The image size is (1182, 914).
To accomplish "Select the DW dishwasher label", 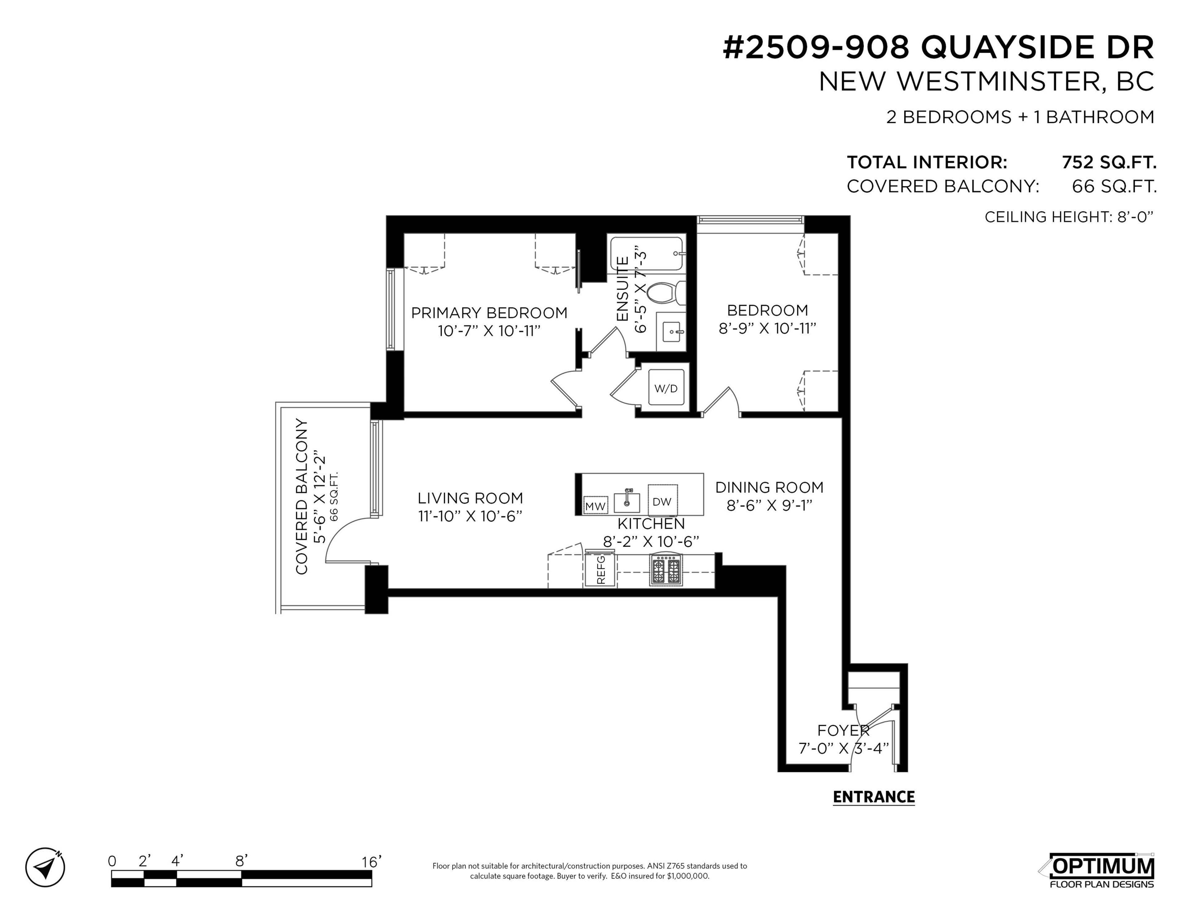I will (x=662, y=501).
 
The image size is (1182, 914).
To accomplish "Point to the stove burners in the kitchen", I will (x=666, y=570).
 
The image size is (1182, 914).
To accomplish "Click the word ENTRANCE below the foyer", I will (x=874, y=797).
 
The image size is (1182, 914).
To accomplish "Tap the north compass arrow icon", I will (x=46, y=867).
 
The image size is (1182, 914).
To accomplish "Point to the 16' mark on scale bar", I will (x=371, y=861).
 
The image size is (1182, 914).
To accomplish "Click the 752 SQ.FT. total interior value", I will (x=1108, y=162).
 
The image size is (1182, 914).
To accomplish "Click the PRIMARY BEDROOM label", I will (x=489, y=313).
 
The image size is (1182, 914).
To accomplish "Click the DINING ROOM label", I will (x=769, y=487).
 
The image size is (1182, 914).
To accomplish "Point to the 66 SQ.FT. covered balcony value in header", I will (x=1114, y=186).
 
